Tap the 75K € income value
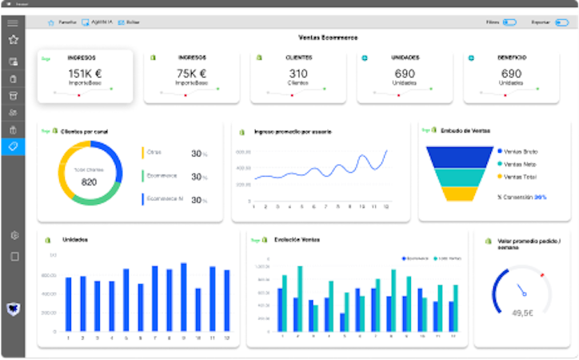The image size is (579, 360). pyautogui.click(x=192, y=73)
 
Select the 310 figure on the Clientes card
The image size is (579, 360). pyautogui.click(x=298, y=73)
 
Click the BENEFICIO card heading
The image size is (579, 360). pyautogui.click(x=511, y=58)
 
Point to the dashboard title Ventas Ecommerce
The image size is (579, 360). pyautogui.click(x=328, y=38)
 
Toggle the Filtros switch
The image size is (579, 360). pyautogui.click(x=509, y=22)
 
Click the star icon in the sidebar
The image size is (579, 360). pyautogui.click(x=13, y=38)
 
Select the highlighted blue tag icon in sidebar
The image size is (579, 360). pyautogui.click(x=13, y=146)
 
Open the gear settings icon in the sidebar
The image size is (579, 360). pyautogui.click(x=13, y=235)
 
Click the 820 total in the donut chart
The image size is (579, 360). pyautogui.click(x=89, y=182)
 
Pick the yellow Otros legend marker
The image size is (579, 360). pyautogui.click(x=142, y=153)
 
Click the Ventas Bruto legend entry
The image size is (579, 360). pyautogui.click(x=520, y=150)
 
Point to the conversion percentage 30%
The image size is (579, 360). pyautogui.click(x=541, y=197)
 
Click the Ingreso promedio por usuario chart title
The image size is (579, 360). pyautogui.click(x=293, y=131)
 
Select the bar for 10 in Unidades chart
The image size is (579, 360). pyautogui.click(x=198, y=310)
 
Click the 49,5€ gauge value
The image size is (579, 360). pyautogui.click(x=522, y=313)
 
